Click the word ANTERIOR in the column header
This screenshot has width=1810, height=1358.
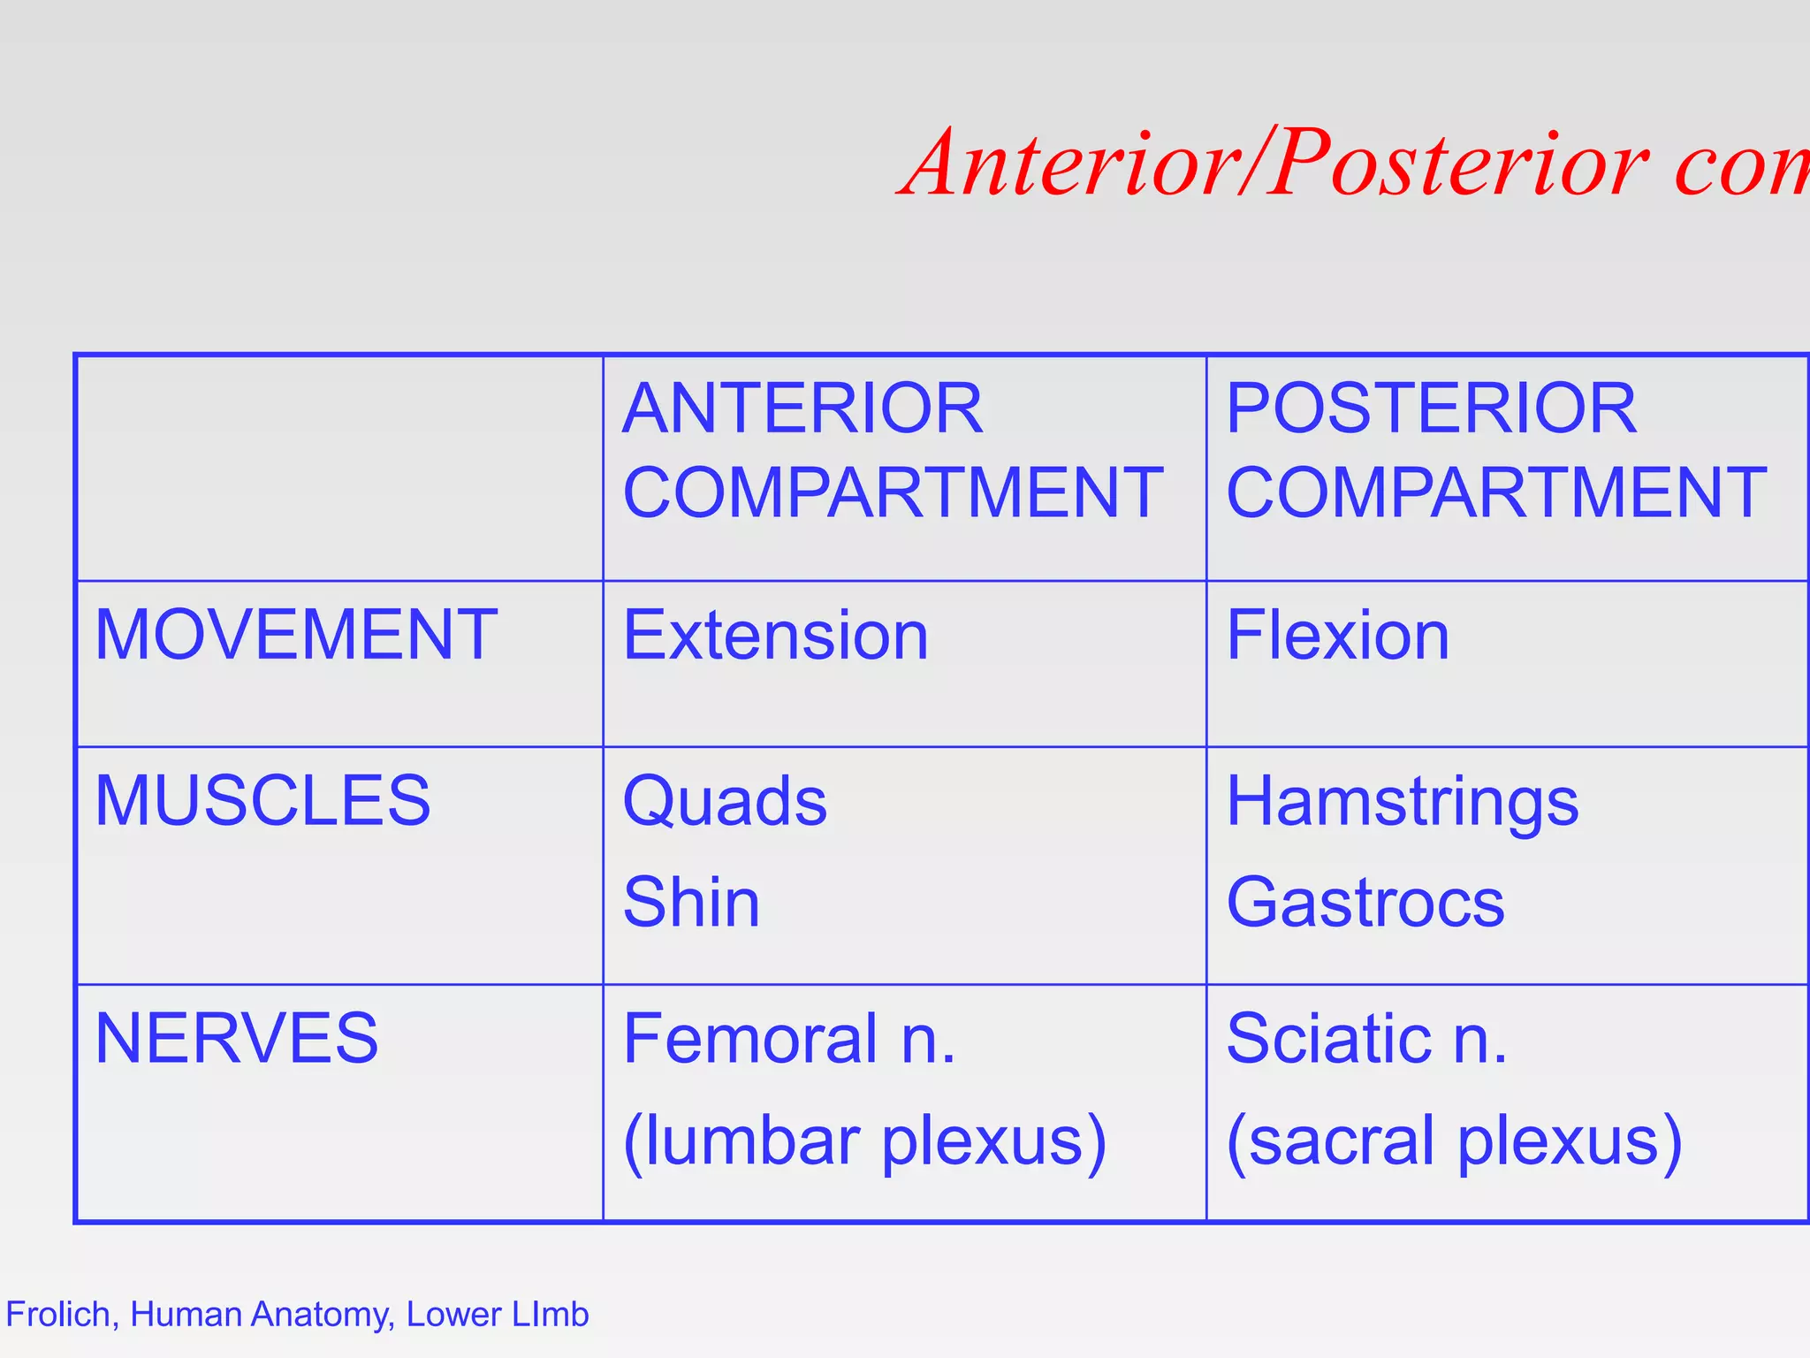802,408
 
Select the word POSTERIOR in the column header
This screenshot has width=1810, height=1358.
1431,408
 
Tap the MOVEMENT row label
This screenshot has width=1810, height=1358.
296,635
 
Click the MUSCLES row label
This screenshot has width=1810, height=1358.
262,801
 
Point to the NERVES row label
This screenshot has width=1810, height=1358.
237,1038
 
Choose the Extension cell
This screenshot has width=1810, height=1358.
775,635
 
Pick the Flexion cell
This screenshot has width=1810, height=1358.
1337,635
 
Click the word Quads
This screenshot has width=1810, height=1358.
725,801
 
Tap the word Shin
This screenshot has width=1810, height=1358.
691,903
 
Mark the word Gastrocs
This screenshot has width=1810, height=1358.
1365,903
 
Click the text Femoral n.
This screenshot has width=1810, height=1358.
789,1038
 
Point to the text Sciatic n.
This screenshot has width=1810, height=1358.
1366,1038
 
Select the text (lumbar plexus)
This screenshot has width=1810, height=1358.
864,1141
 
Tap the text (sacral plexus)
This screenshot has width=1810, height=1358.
1454,1141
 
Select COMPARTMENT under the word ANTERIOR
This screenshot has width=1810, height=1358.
893,492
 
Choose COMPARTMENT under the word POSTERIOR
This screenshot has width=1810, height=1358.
1496,492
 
